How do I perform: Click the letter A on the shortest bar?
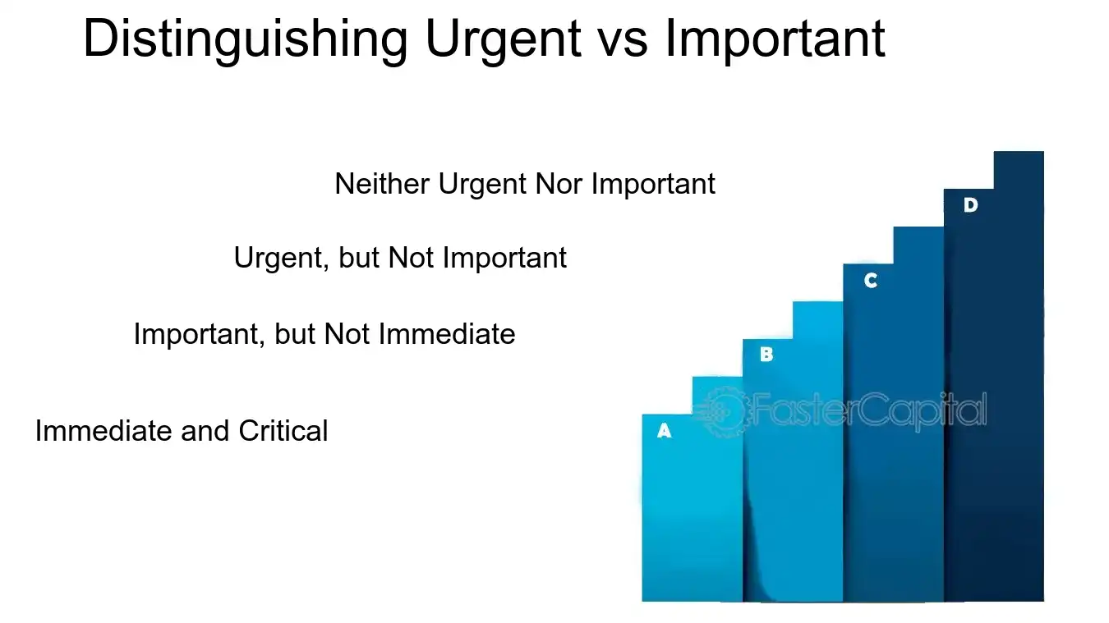tap(665, 430)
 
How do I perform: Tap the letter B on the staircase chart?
tap(766, 355)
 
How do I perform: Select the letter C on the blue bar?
tap(871, 281)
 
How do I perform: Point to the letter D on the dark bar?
tap(970, 205)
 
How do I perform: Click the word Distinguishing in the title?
tap(246, 39)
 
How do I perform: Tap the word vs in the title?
tap(628, 39)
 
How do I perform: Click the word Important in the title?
tap(775, 39)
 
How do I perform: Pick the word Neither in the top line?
tap(383, 184)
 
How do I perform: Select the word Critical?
tap(283, 431)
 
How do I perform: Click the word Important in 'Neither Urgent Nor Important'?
tap(653, 184)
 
